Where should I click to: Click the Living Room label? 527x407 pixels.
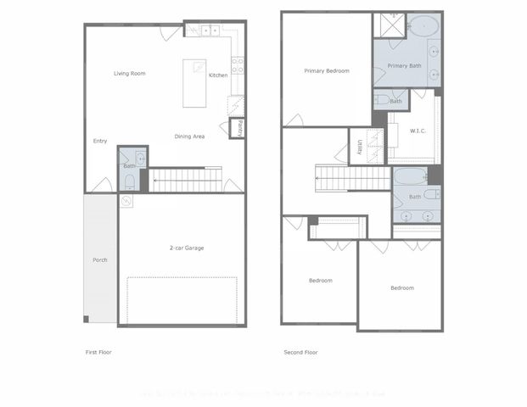(x=130, y=74)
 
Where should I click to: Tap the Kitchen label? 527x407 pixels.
(x=218, y=76)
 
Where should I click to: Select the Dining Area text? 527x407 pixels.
(x=189, y=137)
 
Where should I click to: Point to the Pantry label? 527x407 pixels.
(x=240, y=129)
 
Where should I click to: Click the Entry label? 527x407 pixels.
(x=100, y=142)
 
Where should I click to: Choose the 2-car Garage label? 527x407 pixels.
(x=186, y=248)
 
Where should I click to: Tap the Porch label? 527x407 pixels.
(x=100, y=259)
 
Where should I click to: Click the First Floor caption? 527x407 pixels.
(x=98, y=352)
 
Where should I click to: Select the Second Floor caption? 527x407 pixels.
(x=300, y=352)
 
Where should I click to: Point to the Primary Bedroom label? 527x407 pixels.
(x=327, y=71)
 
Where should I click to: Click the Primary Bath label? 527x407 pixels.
(x=404, y=65)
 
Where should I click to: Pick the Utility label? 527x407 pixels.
(x=360, y=148)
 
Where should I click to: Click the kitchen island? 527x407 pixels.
(x=195, y=83)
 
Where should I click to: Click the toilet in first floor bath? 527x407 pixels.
(x=129, y=180)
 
